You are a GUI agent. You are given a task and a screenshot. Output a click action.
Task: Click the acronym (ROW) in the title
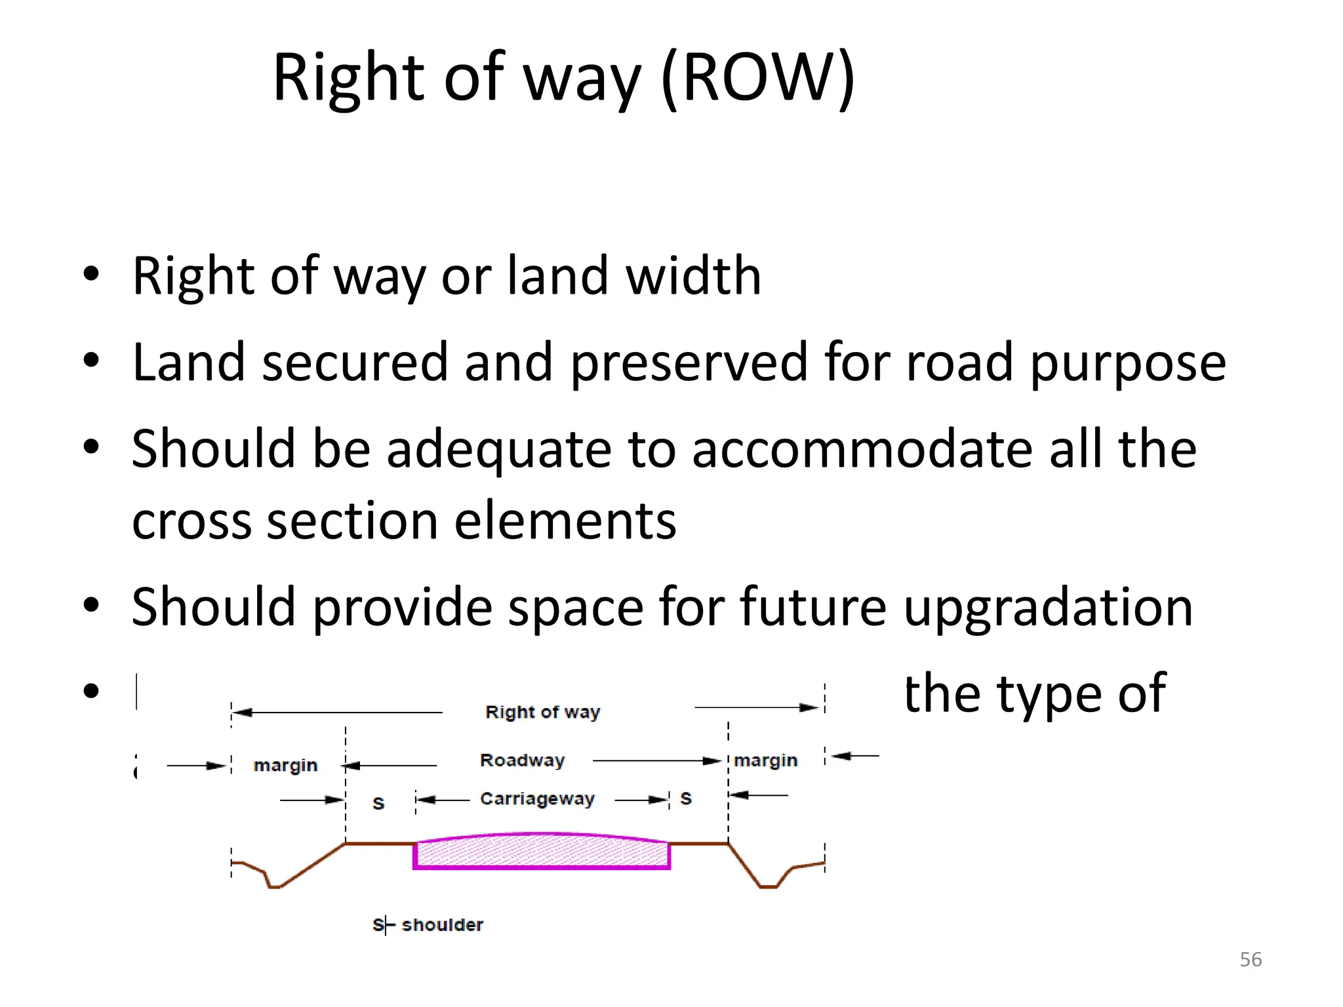tap(757, 77)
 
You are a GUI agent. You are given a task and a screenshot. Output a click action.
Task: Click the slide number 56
tap(1251, 959)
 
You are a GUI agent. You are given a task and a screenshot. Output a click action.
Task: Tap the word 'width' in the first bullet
tap(694, 276)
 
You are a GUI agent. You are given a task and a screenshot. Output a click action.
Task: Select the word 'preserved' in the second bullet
tap(689, 363)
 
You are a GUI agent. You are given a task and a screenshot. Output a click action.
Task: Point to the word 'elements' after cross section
tap(565, 521)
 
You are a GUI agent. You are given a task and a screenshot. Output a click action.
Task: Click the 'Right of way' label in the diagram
tap(542, 712)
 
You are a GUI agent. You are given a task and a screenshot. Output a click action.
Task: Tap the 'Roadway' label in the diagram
tap(522, 760)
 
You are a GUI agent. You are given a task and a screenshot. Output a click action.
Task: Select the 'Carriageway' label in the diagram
tap(537, 799)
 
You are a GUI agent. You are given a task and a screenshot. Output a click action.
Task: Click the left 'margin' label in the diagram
tap(285, 765)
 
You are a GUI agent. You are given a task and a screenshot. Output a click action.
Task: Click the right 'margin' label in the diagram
tap(765, 760)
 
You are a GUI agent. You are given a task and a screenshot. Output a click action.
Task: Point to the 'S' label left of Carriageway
tap(378, 803)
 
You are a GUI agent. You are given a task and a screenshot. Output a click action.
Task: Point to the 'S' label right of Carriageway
tap(686, 799)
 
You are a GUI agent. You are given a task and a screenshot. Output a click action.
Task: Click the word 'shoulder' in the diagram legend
tap(442, 925)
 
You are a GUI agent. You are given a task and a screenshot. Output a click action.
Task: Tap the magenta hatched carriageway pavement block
tap(541, 852)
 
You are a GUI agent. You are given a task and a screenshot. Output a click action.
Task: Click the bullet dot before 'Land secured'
tap(91, 360)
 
